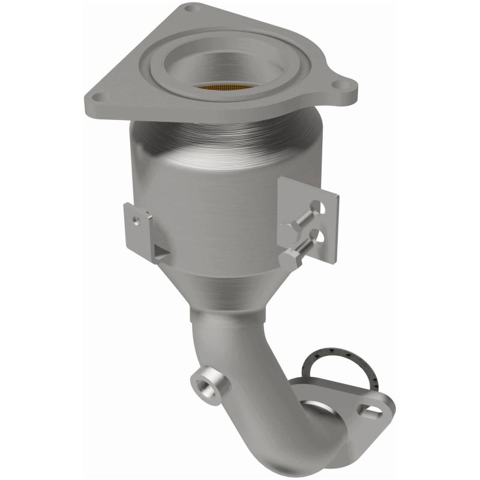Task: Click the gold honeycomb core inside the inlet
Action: pos(223,91)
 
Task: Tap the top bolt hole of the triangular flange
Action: pos(190,8)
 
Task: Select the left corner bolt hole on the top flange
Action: pos(100,97)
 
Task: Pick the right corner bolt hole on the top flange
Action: pos(346,86)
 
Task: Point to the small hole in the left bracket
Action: pos(137,220)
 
